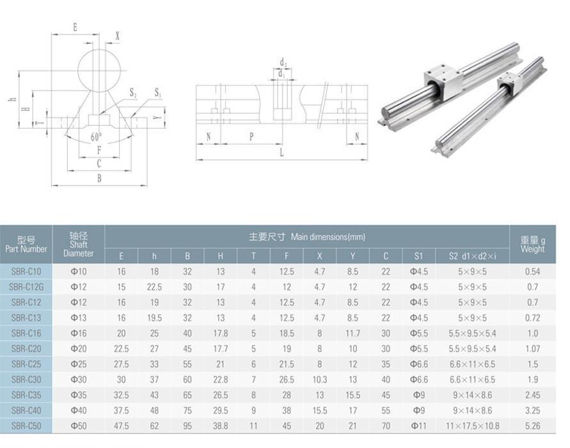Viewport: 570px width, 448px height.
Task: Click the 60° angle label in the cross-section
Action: click(96, 137)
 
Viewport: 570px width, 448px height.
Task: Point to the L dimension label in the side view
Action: click(281, 153)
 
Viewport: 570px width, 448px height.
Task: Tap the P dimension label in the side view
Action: click(251, 136)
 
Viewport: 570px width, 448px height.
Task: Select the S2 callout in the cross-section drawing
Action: click(133, 93)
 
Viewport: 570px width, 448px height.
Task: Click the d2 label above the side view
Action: click(282, 63)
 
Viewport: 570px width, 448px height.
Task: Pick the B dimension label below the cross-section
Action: click(99, 179)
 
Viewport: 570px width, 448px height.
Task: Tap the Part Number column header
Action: click(26, 244)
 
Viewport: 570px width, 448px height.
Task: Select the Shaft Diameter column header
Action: click(78, 244)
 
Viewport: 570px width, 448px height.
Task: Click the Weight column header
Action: click(532, 244)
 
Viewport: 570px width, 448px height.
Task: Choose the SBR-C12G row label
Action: click(26, 287)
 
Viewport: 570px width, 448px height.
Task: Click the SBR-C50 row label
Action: click(26, 426)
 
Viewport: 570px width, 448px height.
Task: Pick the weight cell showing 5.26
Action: click(532, 426)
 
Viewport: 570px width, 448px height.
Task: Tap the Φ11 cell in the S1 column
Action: click(418, 426)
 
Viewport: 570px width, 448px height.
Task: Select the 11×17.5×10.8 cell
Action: click(472, 426)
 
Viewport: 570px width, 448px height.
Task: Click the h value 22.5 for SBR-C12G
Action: click(154, 287)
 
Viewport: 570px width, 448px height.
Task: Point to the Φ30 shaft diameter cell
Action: click(78, 380)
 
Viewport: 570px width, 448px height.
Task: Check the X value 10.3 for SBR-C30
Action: click(319, 380)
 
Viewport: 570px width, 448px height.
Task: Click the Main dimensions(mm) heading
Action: click(307, 237)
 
